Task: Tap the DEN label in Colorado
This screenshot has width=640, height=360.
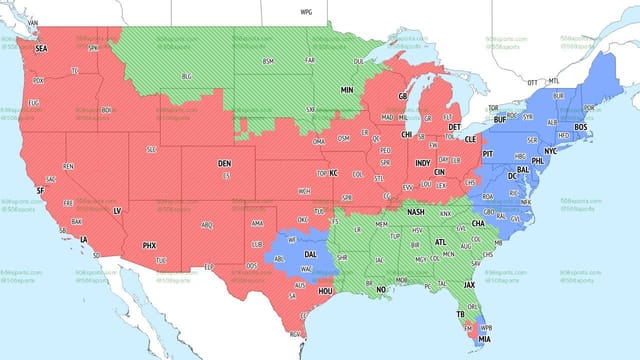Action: coord(225,163)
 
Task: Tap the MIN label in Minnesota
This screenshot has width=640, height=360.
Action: coord(347,90)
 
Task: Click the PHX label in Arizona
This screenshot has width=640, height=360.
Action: coord(149,245)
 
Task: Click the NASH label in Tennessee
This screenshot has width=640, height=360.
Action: coord(416,212)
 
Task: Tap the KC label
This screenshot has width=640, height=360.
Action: coord(334,173)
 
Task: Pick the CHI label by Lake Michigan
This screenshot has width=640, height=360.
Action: coord(407,134)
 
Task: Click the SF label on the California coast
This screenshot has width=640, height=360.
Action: coord(39,190)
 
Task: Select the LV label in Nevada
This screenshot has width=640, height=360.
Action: coord(116,210)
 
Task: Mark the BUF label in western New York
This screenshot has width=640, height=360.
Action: coord(500,118)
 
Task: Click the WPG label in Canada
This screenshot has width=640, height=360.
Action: coord(306,11)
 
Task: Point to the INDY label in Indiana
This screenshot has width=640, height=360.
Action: coord(423,163)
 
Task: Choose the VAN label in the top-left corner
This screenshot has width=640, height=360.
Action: coord(32,22)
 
